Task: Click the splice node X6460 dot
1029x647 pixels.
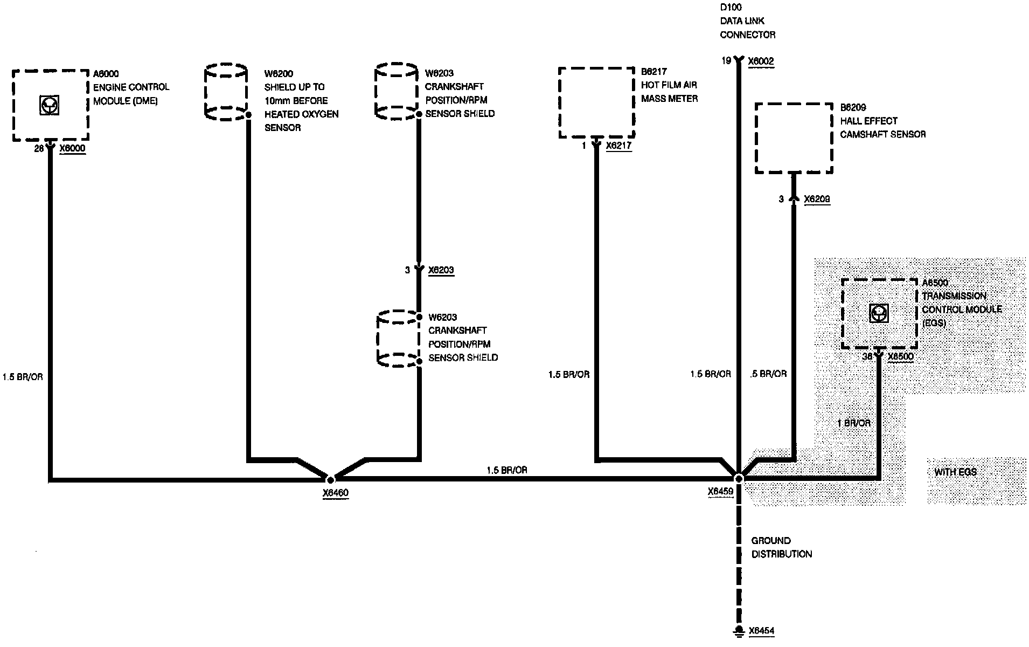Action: click(x=331, y=479)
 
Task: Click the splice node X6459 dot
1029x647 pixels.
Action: click(x=739, y=478)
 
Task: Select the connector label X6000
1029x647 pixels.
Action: click(x=72, y=149)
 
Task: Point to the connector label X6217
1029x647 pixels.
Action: click(x=618, y=146)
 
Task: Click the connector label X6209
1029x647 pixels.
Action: click(x=817, y=199)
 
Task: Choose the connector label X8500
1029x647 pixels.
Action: click(x=900, y=357)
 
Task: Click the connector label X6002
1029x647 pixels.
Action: click(x=761, y=61)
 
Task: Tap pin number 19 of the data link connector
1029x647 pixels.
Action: click(x=726, y=61)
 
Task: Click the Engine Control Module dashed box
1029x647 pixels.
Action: click(x=50, y=105)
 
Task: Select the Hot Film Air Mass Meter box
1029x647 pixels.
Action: click(x=596, y=102)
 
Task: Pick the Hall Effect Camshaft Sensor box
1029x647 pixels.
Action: click(x=794, y=138)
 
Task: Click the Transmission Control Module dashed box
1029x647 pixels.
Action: click(x=879, y=314)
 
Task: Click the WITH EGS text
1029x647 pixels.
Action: click(x=955, y=472)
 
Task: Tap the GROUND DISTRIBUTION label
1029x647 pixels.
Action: click(x=781, y=547)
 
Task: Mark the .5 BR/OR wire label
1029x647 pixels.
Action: click(x=768, y=374)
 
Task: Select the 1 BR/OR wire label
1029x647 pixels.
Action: click(x=854, y=423)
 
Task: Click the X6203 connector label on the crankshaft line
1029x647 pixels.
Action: click(x=441, y=270)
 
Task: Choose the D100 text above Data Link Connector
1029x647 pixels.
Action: click(x=731, y=8)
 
